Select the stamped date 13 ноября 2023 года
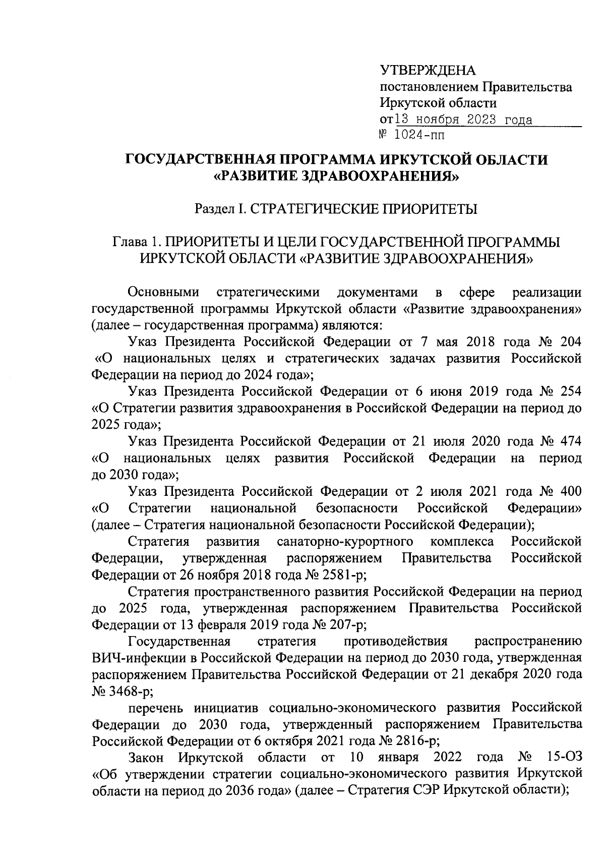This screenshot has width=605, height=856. pyautogui.click(x=463, y=120)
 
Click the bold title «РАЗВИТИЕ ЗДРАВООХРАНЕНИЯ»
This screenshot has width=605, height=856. pyautogui.click(x=336, y=177)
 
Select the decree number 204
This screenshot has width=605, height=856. pyautogui.click(x=571, y=341)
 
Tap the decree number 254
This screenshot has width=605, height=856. pyautogui.click(x=571, y=391)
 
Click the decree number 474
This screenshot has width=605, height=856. pyautogui.click(x=571, y=441)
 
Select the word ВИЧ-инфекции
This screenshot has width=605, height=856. pyautogui.click(x=135, y=658)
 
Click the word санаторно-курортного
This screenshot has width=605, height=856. pyautogui.click(x=345, y=542)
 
